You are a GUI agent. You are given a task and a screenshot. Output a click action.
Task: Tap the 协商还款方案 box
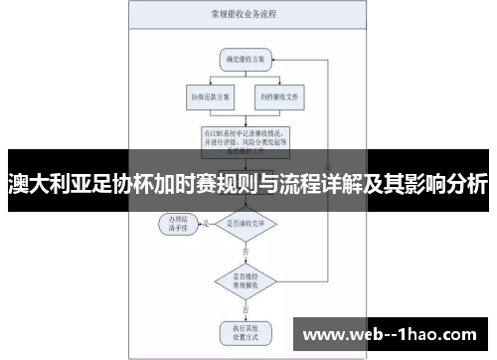click(208, 97)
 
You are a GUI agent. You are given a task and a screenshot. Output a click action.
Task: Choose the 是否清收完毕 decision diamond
click(246, 224)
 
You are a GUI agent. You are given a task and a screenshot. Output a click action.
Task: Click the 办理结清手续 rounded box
click(179, 222)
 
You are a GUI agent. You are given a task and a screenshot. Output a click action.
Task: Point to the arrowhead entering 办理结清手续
click(199, 223)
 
